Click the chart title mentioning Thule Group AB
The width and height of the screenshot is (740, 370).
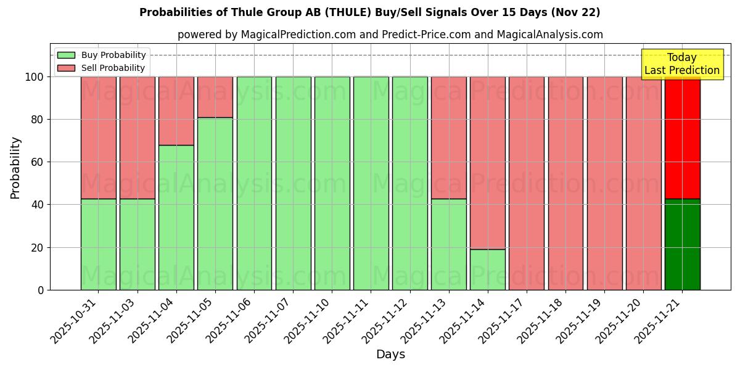coord(369,12)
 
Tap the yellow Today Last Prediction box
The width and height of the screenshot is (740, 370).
coord(682,64)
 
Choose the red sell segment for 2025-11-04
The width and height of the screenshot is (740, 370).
coord(176,111)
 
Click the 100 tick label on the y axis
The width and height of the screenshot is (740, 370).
coord(35,77)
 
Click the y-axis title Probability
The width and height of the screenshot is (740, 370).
coord(15,167)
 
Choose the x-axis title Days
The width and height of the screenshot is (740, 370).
coord(390,355)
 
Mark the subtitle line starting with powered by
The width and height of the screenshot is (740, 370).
coord(390,35)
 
